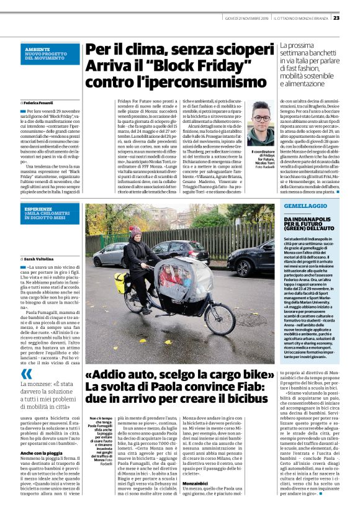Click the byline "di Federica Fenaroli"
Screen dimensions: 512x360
click(x=38, y=102)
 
